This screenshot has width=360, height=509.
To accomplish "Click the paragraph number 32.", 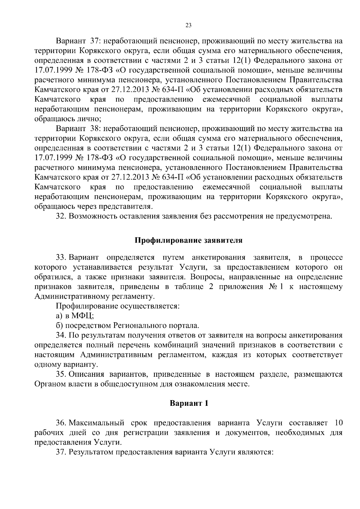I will click(x=61, y=216).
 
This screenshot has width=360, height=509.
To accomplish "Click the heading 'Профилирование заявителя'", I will click(x=188, y=241).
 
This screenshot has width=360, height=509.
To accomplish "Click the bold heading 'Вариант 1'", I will click(x=189, y=403).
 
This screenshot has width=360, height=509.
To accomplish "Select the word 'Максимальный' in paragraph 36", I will click(x=97, y=423).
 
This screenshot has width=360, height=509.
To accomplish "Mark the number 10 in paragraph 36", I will click(x=338, y=423).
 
